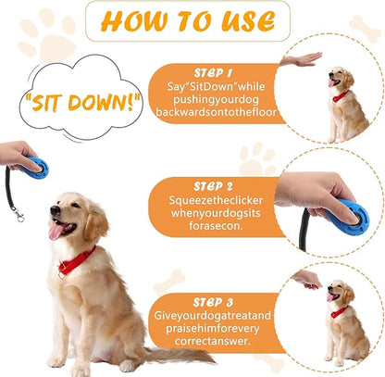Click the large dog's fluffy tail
176,355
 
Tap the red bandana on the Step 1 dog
342,94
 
